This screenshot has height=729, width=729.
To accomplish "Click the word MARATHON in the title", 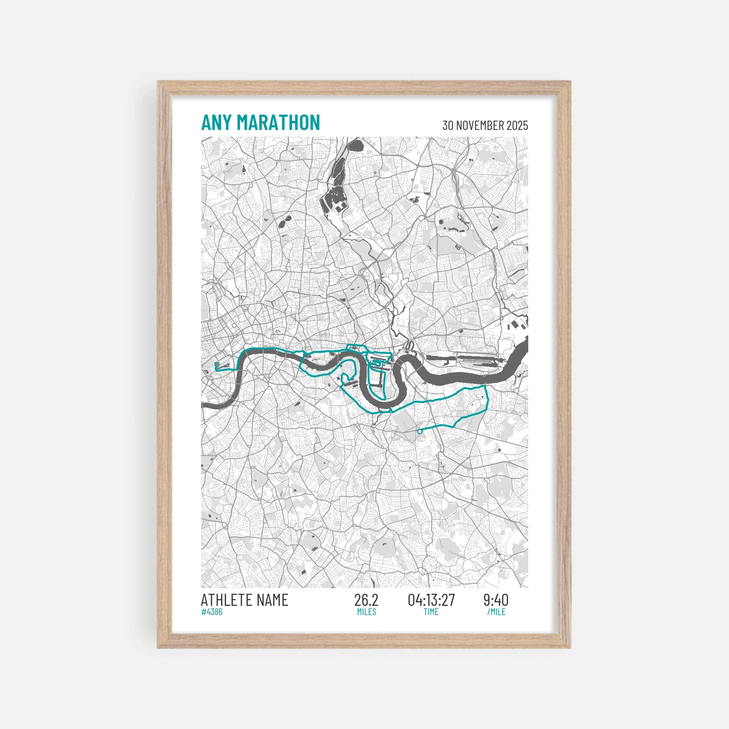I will click(278, 123).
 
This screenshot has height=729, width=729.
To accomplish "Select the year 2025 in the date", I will click(517, 126).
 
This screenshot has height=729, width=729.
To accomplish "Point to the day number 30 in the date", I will click(448, 126).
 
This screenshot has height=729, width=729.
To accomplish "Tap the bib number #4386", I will click(212, 612).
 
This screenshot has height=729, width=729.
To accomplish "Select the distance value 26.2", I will click(366, 600).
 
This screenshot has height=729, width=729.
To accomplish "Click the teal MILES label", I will click(366, 612).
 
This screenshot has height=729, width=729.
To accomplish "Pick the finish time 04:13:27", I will click(431, 600).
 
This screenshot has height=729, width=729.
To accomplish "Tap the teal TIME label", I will click(431, 612).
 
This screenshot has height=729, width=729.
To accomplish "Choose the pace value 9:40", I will click(496, 600).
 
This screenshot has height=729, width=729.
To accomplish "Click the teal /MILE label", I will click(496, 612).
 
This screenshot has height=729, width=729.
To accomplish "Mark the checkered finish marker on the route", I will click(216, 364).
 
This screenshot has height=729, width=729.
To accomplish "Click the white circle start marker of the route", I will click(420, 432).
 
